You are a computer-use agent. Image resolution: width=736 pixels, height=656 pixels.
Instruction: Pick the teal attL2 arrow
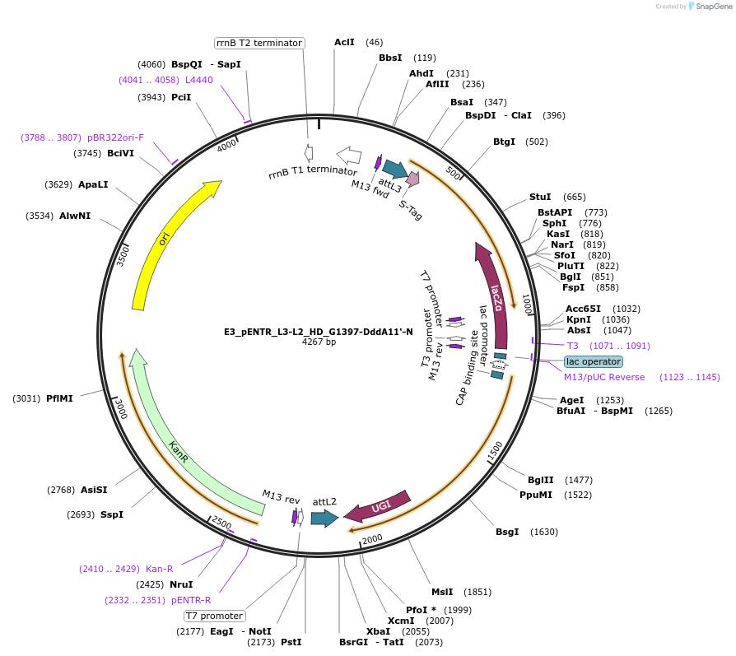324,518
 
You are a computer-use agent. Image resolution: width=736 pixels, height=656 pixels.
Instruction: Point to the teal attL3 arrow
394,169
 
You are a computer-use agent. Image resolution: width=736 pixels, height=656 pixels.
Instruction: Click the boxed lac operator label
594,361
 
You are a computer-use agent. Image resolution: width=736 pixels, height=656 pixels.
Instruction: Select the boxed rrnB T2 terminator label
259,43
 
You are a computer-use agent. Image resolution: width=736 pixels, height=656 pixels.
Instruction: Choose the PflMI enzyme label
59,398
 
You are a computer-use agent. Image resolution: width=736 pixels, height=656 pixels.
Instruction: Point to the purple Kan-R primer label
159,569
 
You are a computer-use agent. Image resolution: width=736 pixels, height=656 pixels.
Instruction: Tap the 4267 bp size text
319,342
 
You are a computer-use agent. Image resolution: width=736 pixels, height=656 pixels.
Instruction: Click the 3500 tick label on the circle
124,255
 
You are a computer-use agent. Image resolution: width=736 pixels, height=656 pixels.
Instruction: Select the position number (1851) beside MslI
477,592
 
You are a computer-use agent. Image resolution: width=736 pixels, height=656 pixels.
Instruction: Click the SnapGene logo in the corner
710,7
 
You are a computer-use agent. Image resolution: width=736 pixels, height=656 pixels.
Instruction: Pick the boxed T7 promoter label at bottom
214,616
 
